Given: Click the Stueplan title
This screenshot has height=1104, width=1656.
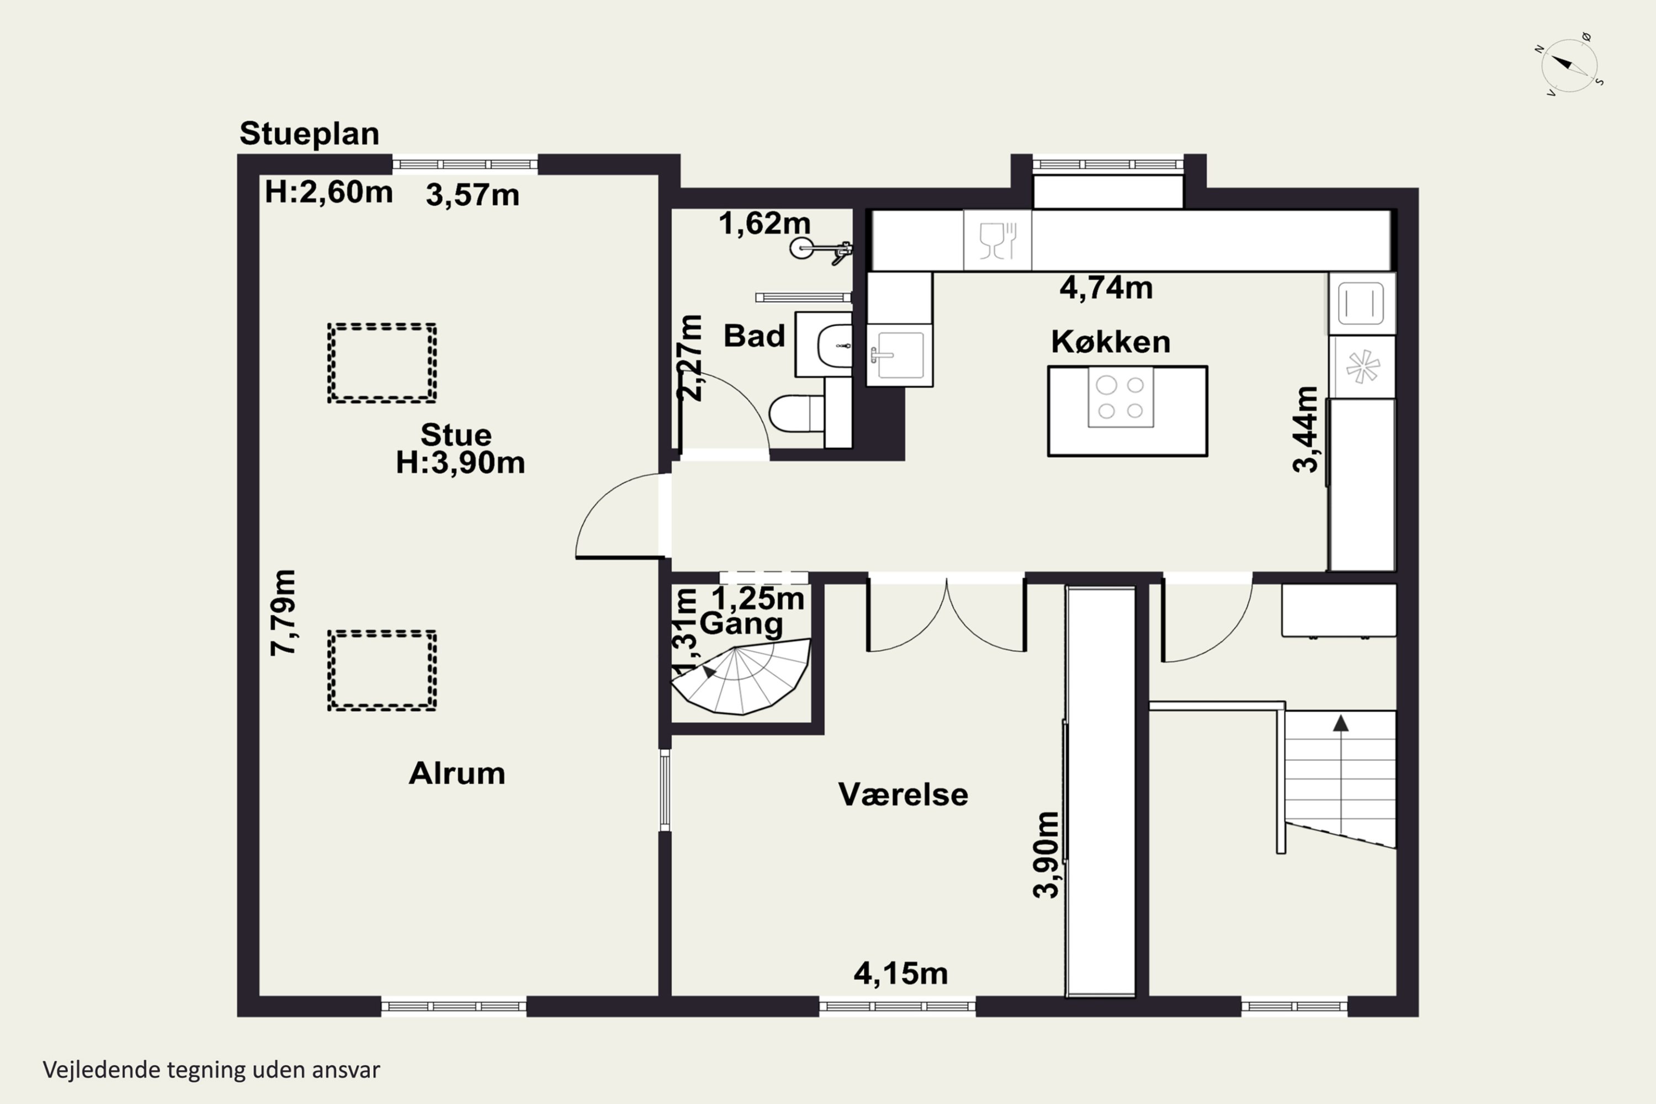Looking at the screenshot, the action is (309, 134).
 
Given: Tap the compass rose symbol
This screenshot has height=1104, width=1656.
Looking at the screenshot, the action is (1569, 65).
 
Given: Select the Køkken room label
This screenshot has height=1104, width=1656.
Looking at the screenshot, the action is (1110, 342).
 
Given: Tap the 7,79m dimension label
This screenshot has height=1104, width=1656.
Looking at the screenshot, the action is (284, 613).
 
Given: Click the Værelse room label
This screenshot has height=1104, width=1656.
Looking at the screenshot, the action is (903, 795).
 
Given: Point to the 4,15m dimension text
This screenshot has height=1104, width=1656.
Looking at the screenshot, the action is (900, 974).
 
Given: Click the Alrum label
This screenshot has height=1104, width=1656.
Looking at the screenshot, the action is (457, 774).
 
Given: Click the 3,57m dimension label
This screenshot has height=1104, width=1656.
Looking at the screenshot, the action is (473, 195).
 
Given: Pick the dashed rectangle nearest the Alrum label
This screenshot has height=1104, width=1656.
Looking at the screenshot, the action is (381, 670).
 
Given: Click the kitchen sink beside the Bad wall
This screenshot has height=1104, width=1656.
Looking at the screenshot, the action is (900, 355).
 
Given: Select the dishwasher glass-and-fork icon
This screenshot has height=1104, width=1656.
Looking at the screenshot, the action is (997, 240).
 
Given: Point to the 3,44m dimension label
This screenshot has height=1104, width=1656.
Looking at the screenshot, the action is (1305, 429).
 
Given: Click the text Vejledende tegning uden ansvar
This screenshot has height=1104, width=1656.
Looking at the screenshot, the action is (211, 1070).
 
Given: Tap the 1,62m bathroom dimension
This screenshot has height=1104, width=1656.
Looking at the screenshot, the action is (765, 223).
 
